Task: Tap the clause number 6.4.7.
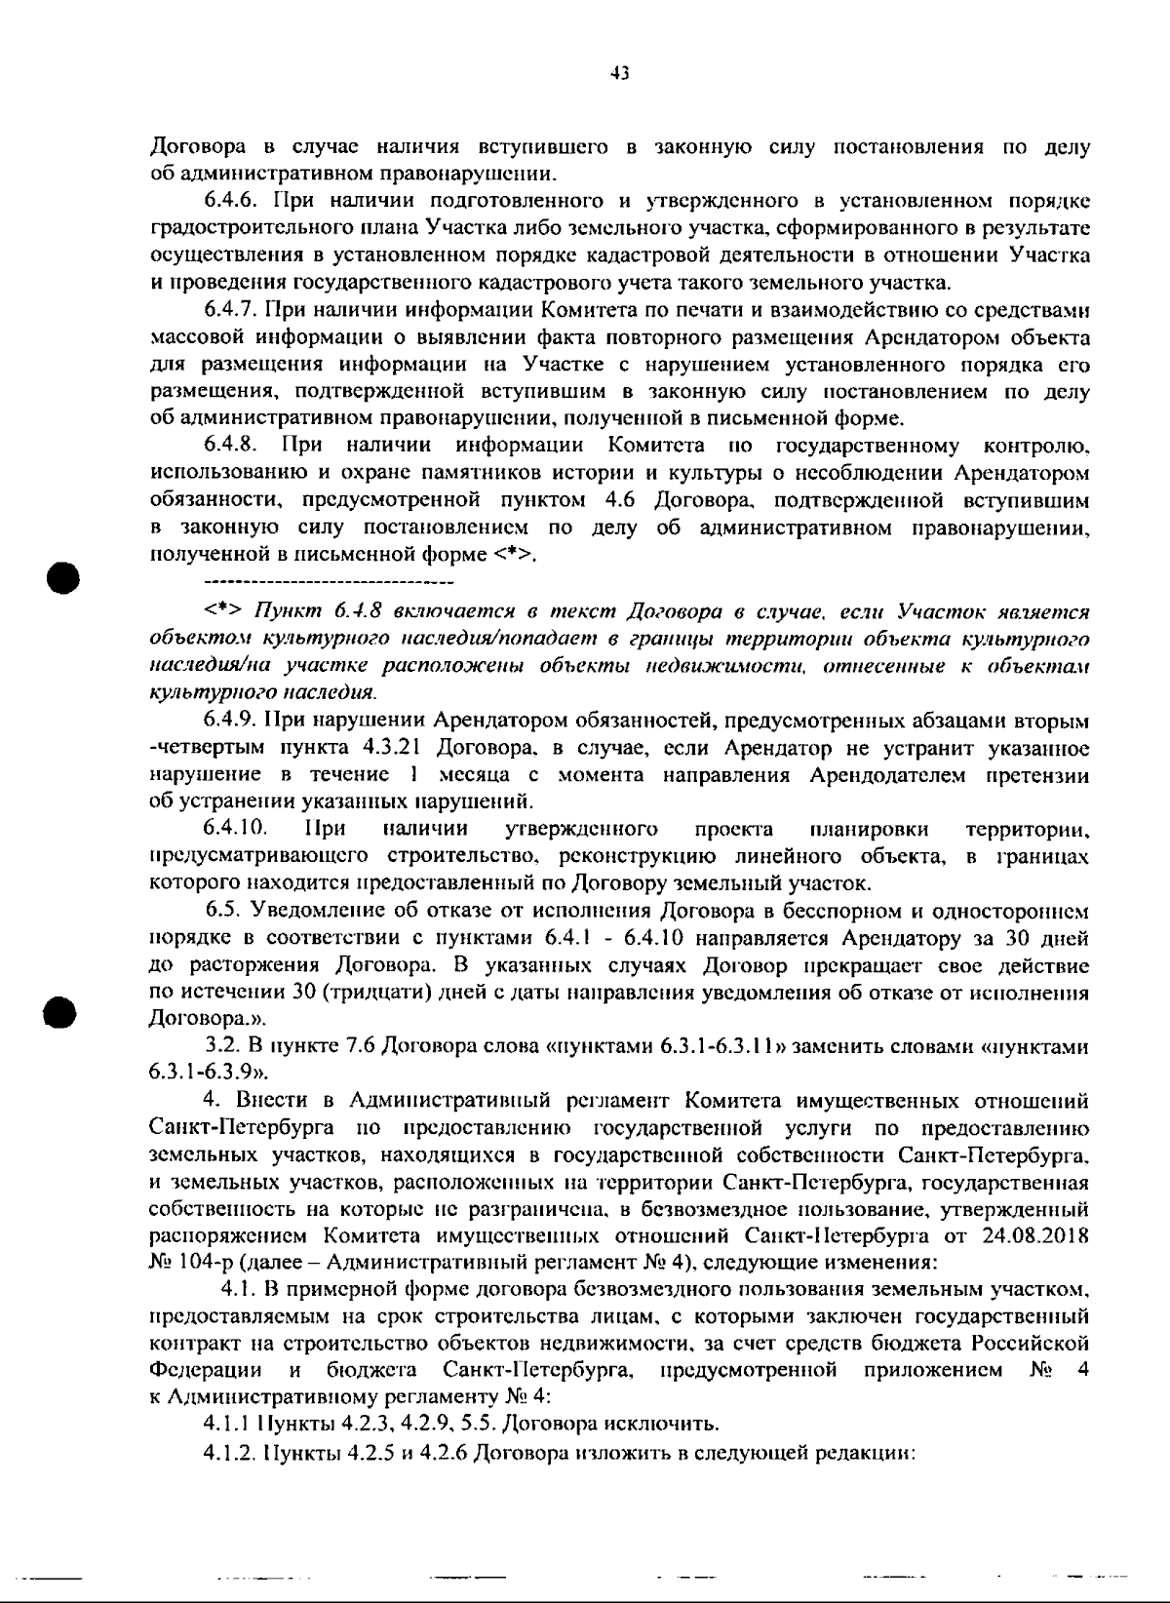[230, 310]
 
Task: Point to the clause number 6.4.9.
[230, 721]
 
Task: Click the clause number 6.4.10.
[235, 829]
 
